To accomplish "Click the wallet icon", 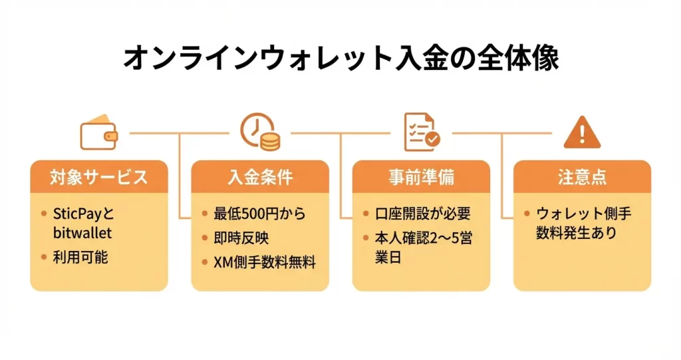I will [98, 134].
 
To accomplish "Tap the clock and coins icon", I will [259, 132].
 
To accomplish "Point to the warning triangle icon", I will [582, 134].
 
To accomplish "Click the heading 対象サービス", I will [98, 178].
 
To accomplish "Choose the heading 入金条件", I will [260, 178].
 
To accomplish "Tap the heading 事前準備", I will [421, 178].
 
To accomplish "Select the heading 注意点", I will [582, 178].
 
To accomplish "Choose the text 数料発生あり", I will [576, 233].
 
